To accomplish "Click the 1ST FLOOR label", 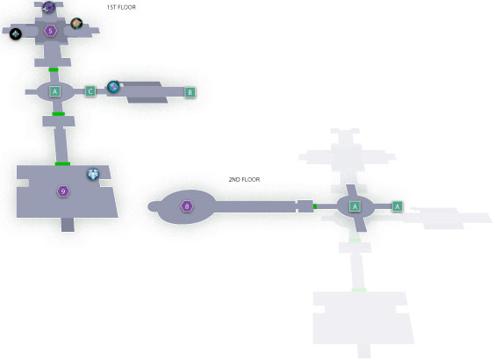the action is pyautogui.click(x=121, y=7).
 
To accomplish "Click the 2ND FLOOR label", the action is pyautogui.click(x=244, y=179).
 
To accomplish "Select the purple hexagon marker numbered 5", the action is pyautogui.click(x=51, y=31).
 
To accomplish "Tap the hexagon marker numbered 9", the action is pyautogui.click(x=63, y=191).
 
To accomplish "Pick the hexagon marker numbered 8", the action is pyautogui.click(x=187, y=206).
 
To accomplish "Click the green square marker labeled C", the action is pyautogui.click(x=90, y=91).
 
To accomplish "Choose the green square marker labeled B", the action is pyautogui.click(x=190, y=92).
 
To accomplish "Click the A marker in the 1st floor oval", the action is pyautogui.click(x=55, y=91).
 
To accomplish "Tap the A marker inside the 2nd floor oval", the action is pyautogui.click(x=355, y=206).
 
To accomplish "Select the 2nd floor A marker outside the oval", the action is pyautogui.click(x=397, y=206).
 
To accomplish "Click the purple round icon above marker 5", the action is pyautogui.click(x=48, y=7).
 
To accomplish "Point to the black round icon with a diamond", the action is pyautogui.click(x=16, y=34).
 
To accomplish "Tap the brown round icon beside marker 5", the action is pyautogui.click(x=76, y=24).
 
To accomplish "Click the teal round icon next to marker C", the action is pyautogui.click(x=113, y=87).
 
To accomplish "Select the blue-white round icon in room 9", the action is pyautogui.click(x=93, y=174).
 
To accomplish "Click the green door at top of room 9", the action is pyautogui.click(x=62, y=163).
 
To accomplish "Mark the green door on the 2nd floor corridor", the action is pyautogui.click(x=315, y=206).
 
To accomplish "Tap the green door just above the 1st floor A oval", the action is pyautogui.click(x=54, y=69).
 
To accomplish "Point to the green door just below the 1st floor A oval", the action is pyautogui.click(x=59, y=114).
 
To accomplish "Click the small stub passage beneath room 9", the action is pyautogui.click(x=68, y=225).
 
